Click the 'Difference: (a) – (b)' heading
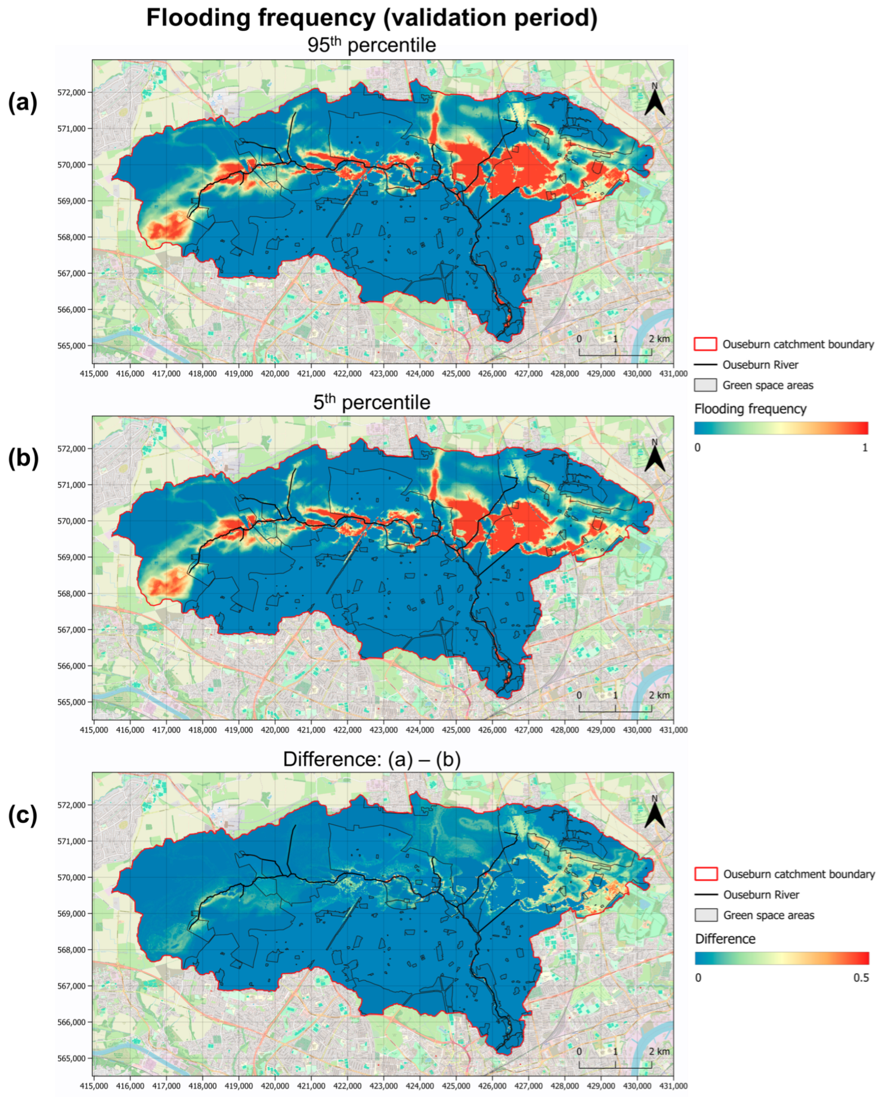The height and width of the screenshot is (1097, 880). pos(371,759)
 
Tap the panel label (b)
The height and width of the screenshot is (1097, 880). pos(23,459)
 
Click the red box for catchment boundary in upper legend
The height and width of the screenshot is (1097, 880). pos(705,344)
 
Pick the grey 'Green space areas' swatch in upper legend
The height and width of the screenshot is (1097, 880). pos(705,385)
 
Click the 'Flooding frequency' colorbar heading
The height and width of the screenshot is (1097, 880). pos(750,409)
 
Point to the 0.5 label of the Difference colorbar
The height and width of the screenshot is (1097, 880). pos(861,978)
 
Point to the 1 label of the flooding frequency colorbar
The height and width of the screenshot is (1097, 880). pos(864,448)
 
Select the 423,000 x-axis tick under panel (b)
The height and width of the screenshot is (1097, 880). pos(383,730)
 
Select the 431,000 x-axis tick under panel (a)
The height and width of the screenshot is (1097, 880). pos(673,373)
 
